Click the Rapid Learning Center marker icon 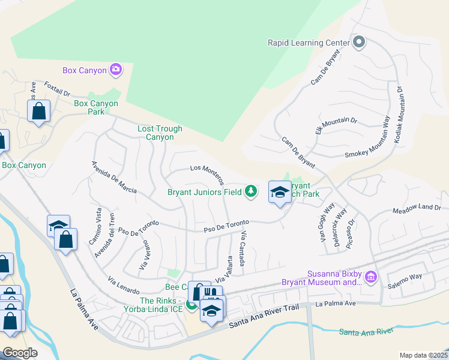click(359, 42)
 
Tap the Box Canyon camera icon click(116, 70)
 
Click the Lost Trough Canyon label click(155, 133)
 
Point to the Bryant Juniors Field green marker click(251, 192)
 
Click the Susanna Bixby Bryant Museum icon click(371, 277)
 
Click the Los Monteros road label click(207, 174)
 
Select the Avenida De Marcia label click(113, 178)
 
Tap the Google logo click(20, 353)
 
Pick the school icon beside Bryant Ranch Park click(279, 193)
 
